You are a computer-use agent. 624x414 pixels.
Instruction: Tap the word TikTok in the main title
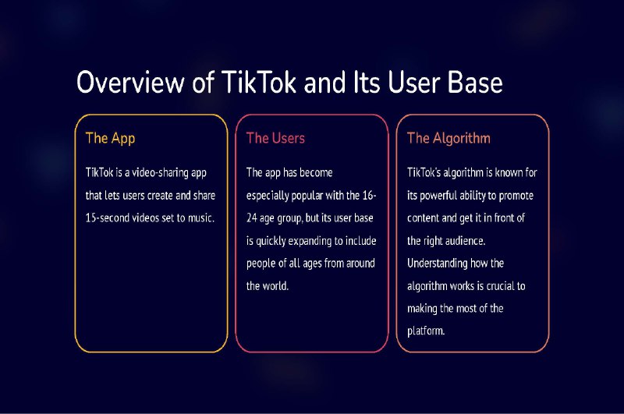pyautogui.click(x=259, y=83)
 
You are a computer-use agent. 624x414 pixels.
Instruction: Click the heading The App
pyautogui.click(x=110, y=139)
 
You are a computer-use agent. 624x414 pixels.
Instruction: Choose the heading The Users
pyautogui.click(x=275, y=138)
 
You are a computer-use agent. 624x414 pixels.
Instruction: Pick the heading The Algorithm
pyautogui.click(x=448, y=139)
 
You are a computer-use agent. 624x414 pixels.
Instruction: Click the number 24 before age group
pyautogui.click(x=251, y=218)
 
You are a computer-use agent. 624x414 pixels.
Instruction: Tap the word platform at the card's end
pyautogui.click(x=426, y=331)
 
